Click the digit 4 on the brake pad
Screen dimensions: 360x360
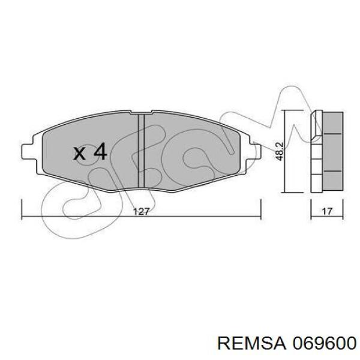(100, 152)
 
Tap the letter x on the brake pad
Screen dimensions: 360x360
(80, 154)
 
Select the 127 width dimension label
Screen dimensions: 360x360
(141, 212)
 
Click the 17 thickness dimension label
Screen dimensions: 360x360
(327, 212)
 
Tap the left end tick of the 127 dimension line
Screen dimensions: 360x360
(22, 206)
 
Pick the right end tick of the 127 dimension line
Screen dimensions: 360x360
(260, 206)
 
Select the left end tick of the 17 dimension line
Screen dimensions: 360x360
(311, 206)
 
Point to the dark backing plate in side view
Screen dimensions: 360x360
(314, 152)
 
